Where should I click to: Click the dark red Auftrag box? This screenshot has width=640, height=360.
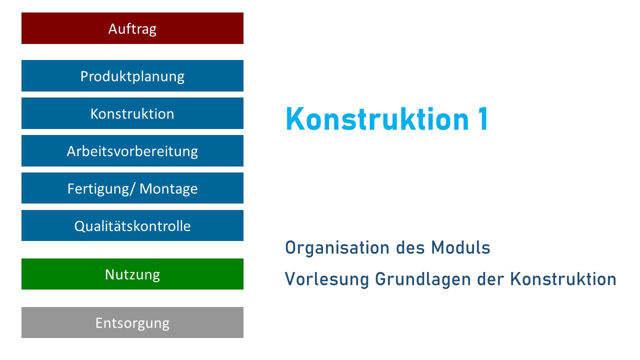click(x=132, y=28)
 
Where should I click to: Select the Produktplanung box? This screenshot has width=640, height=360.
click(x=132, y=75)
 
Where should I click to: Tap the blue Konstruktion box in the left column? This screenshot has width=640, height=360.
click(x=132, y=113)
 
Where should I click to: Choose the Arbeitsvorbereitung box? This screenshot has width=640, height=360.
click(x=132, y=151)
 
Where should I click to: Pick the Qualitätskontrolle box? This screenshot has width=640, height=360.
click(x=132, y=225)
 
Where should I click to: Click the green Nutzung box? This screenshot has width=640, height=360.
click(x=132, y=274)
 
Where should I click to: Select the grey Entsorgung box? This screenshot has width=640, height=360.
click(x=132, y=322)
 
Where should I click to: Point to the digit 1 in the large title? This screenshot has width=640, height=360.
click(x=483, y=118)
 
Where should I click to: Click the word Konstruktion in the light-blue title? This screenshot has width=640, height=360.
click(x=377, y=118)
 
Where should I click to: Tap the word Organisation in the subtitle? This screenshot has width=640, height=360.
click(x=337, y=248)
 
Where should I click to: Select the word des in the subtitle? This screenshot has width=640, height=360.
click(x=410, y=247)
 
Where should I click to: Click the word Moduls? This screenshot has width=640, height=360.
click(x=460, y=247)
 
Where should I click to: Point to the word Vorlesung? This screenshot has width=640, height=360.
click(x=326, y=279)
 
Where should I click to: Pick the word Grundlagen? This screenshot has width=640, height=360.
click(x=423, y=279)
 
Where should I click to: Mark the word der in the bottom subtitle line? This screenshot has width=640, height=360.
click(x=490, y=279)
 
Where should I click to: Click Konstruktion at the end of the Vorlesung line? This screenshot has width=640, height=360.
click(x=563, y=279)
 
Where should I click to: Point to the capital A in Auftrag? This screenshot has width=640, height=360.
click(x=113, y=29)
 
